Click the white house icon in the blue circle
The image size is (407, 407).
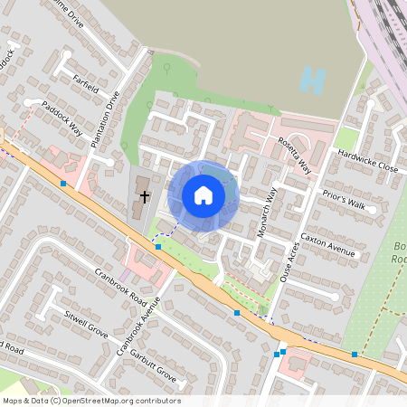click(x=203, y=194)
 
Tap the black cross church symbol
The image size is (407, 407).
click(x=144, y=195)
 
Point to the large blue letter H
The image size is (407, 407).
click(x=312, y=81)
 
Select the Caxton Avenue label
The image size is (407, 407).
click(x=328, y=242)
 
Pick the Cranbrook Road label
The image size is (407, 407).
click(x=120, y=283)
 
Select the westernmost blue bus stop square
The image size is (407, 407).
click(x=63, y=183)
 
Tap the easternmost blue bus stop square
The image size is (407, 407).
click(x=355, y=355)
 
